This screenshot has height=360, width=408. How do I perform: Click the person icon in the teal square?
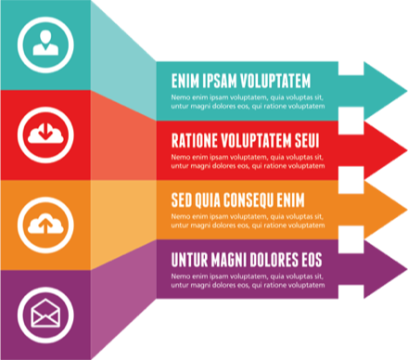45,43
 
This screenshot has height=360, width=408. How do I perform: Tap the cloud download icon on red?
45,134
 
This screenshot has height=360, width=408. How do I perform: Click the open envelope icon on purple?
45,313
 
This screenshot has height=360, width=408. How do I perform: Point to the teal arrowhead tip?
407,91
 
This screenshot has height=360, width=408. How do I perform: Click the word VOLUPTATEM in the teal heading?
275,81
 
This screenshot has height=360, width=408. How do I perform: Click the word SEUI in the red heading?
307,141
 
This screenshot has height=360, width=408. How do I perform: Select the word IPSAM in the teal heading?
220,81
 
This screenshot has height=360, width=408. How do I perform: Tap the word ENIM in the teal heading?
185,81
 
